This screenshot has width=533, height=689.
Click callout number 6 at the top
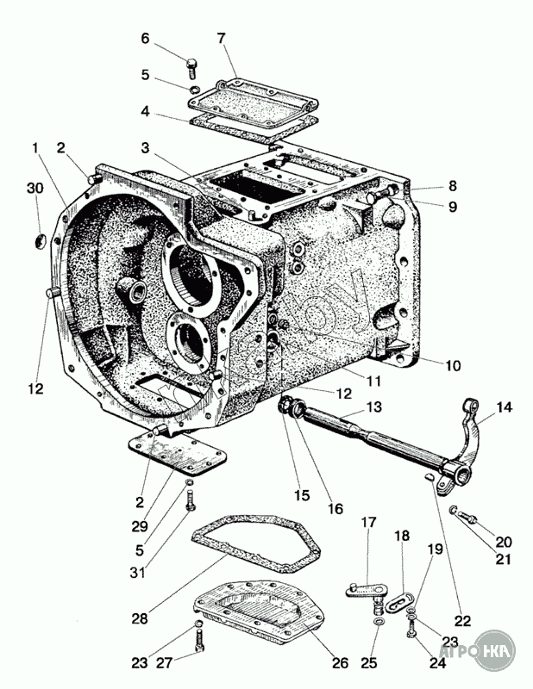click(x=145, y=38)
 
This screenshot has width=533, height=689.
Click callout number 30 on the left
click(x=34, y=189)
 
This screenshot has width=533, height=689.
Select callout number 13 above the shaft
click(x=374, y=407)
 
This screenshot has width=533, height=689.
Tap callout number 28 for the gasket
click(x=139, y=618)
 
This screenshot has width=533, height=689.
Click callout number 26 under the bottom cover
click(x=341, y=662)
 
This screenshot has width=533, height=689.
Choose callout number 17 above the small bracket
click(x=368, y=522)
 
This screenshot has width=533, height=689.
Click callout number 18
click(x=402, y=536)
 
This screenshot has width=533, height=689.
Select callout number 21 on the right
click(x=503, y=561)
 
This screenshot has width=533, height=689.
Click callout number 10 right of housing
click(x=453, y=365)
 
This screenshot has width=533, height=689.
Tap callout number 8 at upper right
click(x=453, y=185)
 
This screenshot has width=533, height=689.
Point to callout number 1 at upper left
click(x=35, y=148)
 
